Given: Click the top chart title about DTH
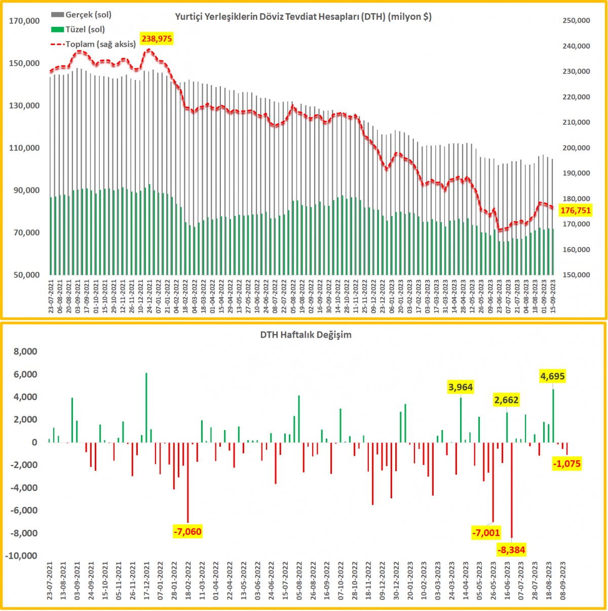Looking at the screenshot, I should (x=303, y=17).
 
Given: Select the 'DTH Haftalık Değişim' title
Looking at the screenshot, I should (x=306, y=335).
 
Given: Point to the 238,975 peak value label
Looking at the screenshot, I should (x=157, y=39).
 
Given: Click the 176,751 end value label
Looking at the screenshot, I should (x=576, y=210).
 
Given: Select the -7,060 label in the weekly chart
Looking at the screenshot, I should (x=187, y=532).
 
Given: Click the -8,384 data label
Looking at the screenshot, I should (x=511, y=550).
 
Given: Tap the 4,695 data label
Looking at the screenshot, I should (x=552, y=376).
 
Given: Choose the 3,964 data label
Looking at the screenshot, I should (x=461, y=387).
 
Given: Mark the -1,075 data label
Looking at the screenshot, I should (x=567, y=463).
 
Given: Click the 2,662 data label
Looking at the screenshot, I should (x=506, y=400).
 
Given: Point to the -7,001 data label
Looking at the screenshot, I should (x=486, y=533).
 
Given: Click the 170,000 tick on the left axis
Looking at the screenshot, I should (x=25, y=21).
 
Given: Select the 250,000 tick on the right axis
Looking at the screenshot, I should (x=576, y=21).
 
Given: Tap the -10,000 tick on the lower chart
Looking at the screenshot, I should (x=21, y=556).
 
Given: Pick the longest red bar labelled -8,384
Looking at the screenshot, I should (x=512, y=489).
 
